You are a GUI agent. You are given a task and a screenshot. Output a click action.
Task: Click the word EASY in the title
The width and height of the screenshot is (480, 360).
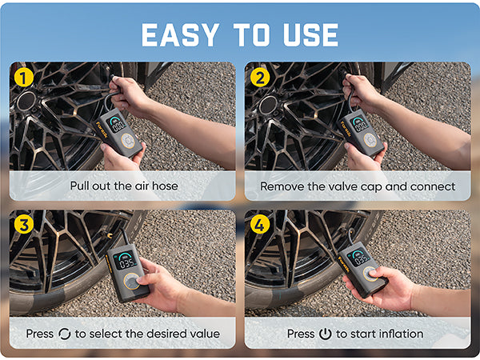coord(180,35)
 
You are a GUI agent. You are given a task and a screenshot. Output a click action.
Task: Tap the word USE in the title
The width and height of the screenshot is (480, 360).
coord(310,35)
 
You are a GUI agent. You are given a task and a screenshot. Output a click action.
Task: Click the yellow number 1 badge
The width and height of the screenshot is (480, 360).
coord(23,77)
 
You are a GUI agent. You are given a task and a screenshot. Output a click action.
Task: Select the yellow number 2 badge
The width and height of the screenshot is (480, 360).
coord(260,77)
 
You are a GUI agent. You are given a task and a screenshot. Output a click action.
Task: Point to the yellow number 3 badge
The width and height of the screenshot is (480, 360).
coord(23,224)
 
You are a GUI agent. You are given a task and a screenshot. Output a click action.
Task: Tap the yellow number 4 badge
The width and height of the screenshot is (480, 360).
coord(260,224)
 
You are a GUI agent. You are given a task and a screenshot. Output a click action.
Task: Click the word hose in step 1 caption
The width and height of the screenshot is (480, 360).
coord(166,186)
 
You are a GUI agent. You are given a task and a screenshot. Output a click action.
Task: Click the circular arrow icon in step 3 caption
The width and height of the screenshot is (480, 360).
coord(64,334)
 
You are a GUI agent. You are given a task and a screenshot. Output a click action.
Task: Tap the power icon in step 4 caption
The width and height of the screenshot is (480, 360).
coord(325,334)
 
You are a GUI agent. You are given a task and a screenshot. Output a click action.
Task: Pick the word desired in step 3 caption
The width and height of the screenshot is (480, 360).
coord(168,334)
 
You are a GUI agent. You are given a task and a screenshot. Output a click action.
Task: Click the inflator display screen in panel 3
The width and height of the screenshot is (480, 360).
coord(126,260)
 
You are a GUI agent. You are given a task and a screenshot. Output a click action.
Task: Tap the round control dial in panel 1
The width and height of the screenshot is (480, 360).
coord(128,141)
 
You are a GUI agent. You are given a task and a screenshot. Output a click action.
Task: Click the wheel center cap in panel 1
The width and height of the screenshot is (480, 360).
coord(26,101)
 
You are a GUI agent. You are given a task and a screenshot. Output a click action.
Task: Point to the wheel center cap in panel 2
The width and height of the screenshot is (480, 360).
coord(268,105)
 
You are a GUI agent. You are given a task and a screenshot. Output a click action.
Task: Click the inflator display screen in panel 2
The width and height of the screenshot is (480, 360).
coord(359,124)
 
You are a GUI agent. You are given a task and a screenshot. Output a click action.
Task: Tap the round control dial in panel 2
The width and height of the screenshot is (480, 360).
coord(370,139)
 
